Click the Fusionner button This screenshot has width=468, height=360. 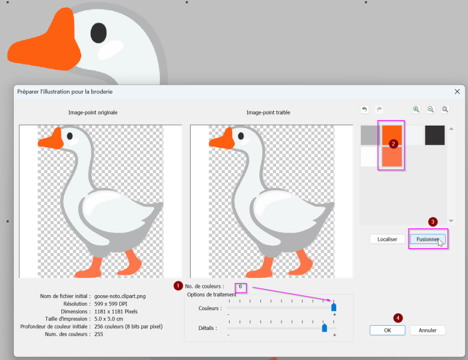(x=428, y=239)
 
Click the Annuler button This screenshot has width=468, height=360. (x=428, y=330)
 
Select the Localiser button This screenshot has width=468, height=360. (x=387, y=239)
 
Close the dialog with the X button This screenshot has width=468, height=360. (x=457, y=91)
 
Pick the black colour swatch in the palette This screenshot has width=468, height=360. (x=434, y=135)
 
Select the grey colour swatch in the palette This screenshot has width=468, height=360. (x=371, y=135)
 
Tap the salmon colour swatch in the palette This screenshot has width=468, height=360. (x=392, y=156)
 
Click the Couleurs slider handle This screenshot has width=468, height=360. (x=334, y=307)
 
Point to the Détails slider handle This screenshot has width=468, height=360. (x=324, y=328)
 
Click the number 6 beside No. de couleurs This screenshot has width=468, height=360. (x=240, y=286)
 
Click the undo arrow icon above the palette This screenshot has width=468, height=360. (x=365, y=109)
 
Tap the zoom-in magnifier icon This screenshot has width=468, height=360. (x=416, y=109)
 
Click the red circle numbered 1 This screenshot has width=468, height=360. (x=178, y=285)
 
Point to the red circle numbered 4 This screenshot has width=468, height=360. (x=398, y=318)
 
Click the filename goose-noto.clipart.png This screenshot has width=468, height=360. (x=120, y=296)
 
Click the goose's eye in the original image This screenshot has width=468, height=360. (x=70, y=136)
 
